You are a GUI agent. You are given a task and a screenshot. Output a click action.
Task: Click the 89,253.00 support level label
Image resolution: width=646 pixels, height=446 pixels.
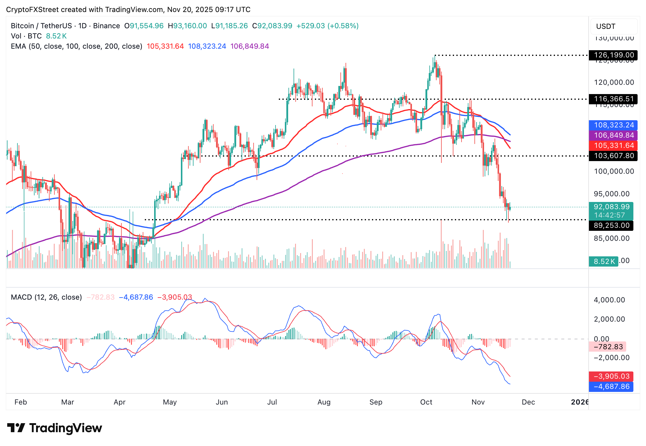pos(611,225)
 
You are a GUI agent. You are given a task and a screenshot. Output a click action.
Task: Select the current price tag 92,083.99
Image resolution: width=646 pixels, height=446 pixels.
pos(611,207)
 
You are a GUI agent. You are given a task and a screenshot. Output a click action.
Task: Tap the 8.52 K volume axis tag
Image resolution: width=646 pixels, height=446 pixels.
pos(603,261)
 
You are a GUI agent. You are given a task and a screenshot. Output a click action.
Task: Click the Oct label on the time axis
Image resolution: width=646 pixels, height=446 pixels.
pos(426,402)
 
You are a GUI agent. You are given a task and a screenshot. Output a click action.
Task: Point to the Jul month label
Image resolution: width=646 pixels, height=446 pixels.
pos(272,402)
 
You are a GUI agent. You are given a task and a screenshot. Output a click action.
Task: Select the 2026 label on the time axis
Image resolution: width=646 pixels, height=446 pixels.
pos(580,402)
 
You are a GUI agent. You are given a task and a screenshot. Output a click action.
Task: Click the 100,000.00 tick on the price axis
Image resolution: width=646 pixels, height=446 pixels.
pos(614,171)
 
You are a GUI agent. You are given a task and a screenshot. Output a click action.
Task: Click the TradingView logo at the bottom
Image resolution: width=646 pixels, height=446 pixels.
pos(55,428)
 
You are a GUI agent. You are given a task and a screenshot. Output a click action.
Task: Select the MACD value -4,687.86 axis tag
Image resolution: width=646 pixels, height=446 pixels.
pos(611,386)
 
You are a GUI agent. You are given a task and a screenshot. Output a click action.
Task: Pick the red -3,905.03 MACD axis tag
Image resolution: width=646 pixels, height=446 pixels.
pos(611,376)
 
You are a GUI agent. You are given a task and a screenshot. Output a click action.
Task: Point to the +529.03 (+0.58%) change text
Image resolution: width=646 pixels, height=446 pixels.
pos(327,26)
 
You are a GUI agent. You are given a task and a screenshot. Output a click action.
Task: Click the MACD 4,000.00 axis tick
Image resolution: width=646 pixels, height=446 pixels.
pos(609,300)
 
